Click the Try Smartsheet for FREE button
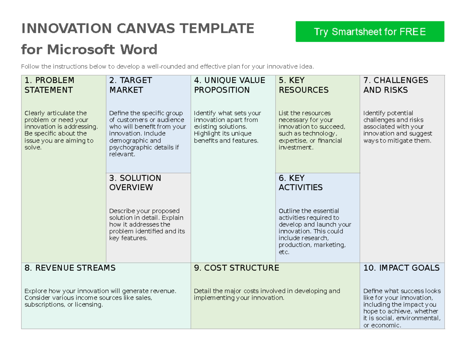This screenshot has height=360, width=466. click(370, 32)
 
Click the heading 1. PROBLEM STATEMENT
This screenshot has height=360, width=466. click(49, 85)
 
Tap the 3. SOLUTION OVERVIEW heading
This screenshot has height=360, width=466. click(135, 183)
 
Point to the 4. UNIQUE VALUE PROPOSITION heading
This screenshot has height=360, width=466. click(229, 85)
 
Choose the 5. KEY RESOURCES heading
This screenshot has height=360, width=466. click(303, 85)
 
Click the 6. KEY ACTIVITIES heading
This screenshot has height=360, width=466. click(300, 183)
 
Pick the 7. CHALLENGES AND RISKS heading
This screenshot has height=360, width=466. click(395, 85)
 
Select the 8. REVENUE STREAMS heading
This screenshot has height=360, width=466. click(70, 268)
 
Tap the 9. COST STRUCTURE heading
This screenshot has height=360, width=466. click(236, 268)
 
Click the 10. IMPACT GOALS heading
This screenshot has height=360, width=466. click(401, 268)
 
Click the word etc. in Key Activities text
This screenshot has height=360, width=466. click(284, 252)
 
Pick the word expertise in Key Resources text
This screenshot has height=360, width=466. click(292, 141)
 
